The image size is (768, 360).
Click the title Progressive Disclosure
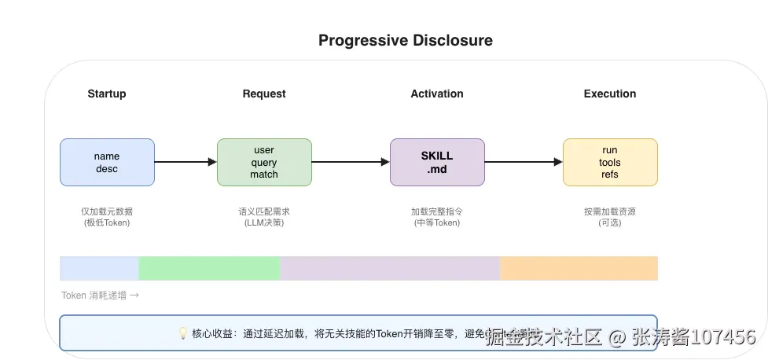click(x=405, y=41)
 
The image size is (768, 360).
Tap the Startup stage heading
click(x=107, y=94)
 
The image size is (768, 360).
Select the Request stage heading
click(x=264, y=94)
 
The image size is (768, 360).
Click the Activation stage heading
click(x=437, y=94)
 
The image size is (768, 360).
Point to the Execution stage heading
click(x=610, y=94)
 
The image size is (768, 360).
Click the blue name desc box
click(x=107, y=163)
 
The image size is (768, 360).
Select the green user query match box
click(x=264, y=163)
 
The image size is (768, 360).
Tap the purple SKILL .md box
click(x=437, y=163)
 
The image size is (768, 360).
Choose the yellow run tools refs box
click(x=610, y=163)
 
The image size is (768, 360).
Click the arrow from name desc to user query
click(x=186, y=162)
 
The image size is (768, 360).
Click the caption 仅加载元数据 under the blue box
click(x=107, y=212)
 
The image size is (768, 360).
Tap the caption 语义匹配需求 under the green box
click(x=264, y=212)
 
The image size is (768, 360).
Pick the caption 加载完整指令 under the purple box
click(x=437, y=212)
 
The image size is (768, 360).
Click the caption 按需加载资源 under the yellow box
click(x=610, y=212)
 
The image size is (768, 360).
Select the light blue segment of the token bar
click(x=99, y=268)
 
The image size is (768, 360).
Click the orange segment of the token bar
click(x=579, y=268)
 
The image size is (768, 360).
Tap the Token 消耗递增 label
click(x=100, y=296)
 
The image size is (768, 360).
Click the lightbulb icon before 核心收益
click(x=184, y=333)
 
